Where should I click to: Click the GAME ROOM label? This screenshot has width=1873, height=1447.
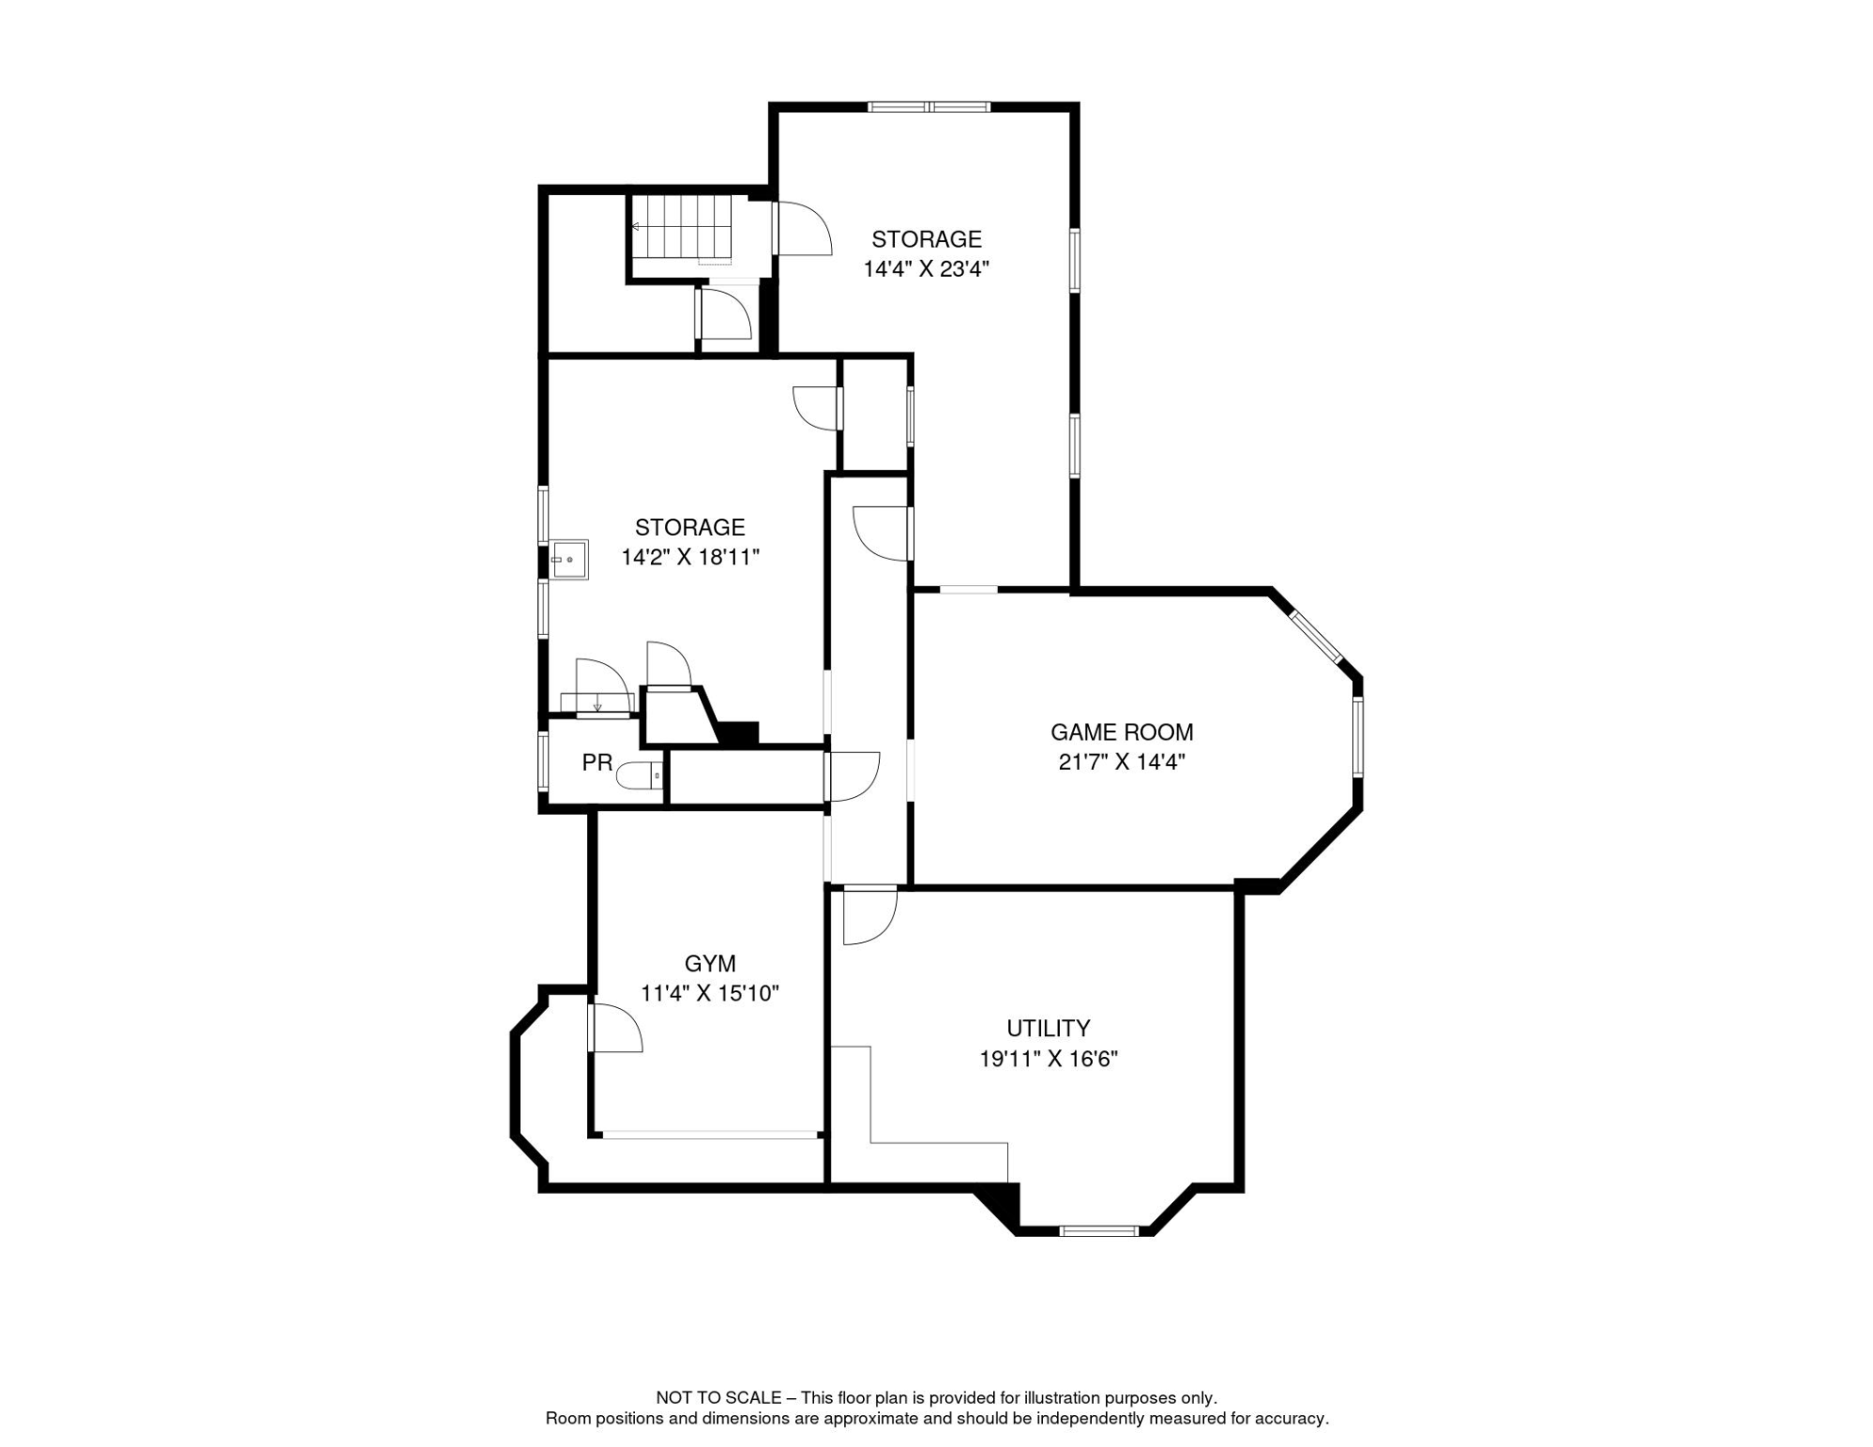[x=1121, y=732]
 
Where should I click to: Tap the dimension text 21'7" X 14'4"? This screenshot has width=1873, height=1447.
[x=1121, y=762]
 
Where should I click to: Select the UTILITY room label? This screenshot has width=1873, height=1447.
[x=1048, y=1028]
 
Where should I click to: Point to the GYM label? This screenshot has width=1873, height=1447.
[x=709, y=964]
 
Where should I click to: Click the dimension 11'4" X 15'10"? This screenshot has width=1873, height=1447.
[x=709, y=994]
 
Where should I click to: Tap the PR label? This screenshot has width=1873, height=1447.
[x=596, y=763]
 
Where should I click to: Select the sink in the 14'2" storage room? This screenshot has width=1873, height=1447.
[x=569, y=560]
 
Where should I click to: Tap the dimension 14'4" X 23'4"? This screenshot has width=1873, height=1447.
[x=926, y=269]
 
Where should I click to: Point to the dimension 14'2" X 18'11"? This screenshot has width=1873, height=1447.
[x=690, y=558]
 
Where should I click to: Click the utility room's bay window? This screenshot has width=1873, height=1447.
[x=1099, y=1230]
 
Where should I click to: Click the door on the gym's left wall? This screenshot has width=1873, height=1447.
[x=613, y=1029]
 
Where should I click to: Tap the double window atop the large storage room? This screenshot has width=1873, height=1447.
[x=929, y=107]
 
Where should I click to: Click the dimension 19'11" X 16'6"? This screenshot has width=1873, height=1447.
[x=1048, y=1059]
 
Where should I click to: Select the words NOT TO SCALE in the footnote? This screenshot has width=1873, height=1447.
[x=718, y=1398]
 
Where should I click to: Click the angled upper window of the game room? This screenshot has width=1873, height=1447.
[x=1316, y=638]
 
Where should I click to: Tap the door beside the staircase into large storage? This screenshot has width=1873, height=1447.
[x=802, y=229]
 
